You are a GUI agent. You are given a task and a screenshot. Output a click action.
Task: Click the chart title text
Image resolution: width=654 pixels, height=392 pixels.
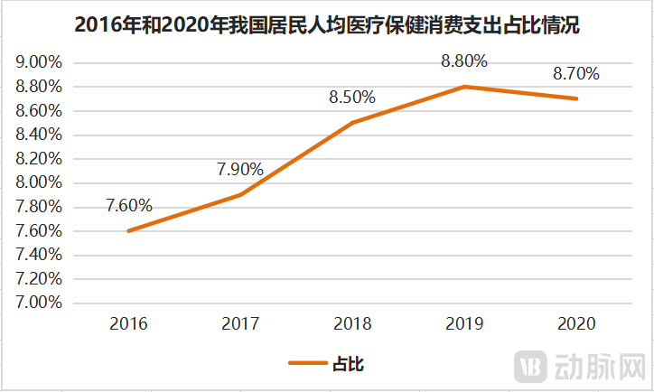326,26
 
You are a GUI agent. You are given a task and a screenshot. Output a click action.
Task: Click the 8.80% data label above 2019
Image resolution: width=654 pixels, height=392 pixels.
464,61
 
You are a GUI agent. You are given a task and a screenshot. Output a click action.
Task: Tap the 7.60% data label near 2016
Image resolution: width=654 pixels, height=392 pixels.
129,205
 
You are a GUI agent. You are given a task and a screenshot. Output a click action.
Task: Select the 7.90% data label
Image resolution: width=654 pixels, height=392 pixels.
240,169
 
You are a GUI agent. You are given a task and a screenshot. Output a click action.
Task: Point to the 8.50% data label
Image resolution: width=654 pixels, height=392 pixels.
352,97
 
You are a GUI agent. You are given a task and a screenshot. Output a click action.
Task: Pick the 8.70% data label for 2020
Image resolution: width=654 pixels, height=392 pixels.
576,73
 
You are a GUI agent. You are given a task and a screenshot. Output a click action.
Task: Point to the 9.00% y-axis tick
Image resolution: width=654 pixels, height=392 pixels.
39,63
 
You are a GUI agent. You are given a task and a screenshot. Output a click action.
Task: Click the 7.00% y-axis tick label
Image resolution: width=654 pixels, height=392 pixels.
39,303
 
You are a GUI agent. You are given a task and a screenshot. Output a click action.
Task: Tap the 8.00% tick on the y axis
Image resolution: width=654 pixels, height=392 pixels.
39,183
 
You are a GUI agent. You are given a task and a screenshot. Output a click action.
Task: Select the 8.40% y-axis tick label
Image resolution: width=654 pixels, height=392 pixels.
39,135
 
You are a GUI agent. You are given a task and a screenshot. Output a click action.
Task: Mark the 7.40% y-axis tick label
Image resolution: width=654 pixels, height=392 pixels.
39,255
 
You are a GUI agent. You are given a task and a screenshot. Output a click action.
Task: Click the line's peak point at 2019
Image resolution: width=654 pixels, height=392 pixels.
464,87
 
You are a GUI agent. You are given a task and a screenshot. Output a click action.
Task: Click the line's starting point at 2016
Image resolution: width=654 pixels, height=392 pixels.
128,231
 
